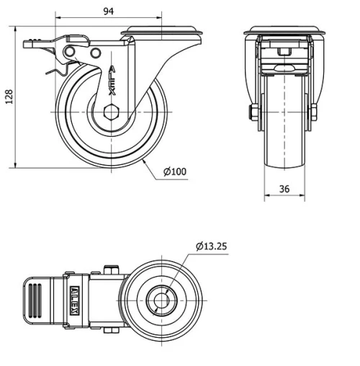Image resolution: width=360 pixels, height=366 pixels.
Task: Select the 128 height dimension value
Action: [x=9, y=98]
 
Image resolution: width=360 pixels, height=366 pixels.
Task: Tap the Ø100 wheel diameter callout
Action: [x=175, y=171]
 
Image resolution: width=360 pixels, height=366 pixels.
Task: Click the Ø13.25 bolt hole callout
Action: [x=211, y=246]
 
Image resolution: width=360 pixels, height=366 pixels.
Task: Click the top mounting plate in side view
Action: [x=163, y=32]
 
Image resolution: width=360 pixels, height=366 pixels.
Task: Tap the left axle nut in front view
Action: [x=253, y=113]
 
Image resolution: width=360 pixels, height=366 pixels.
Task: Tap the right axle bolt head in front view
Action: [x=314, y=113]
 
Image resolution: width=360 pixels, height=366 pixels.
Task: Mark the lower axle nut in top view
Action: [x=111, y=331]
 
